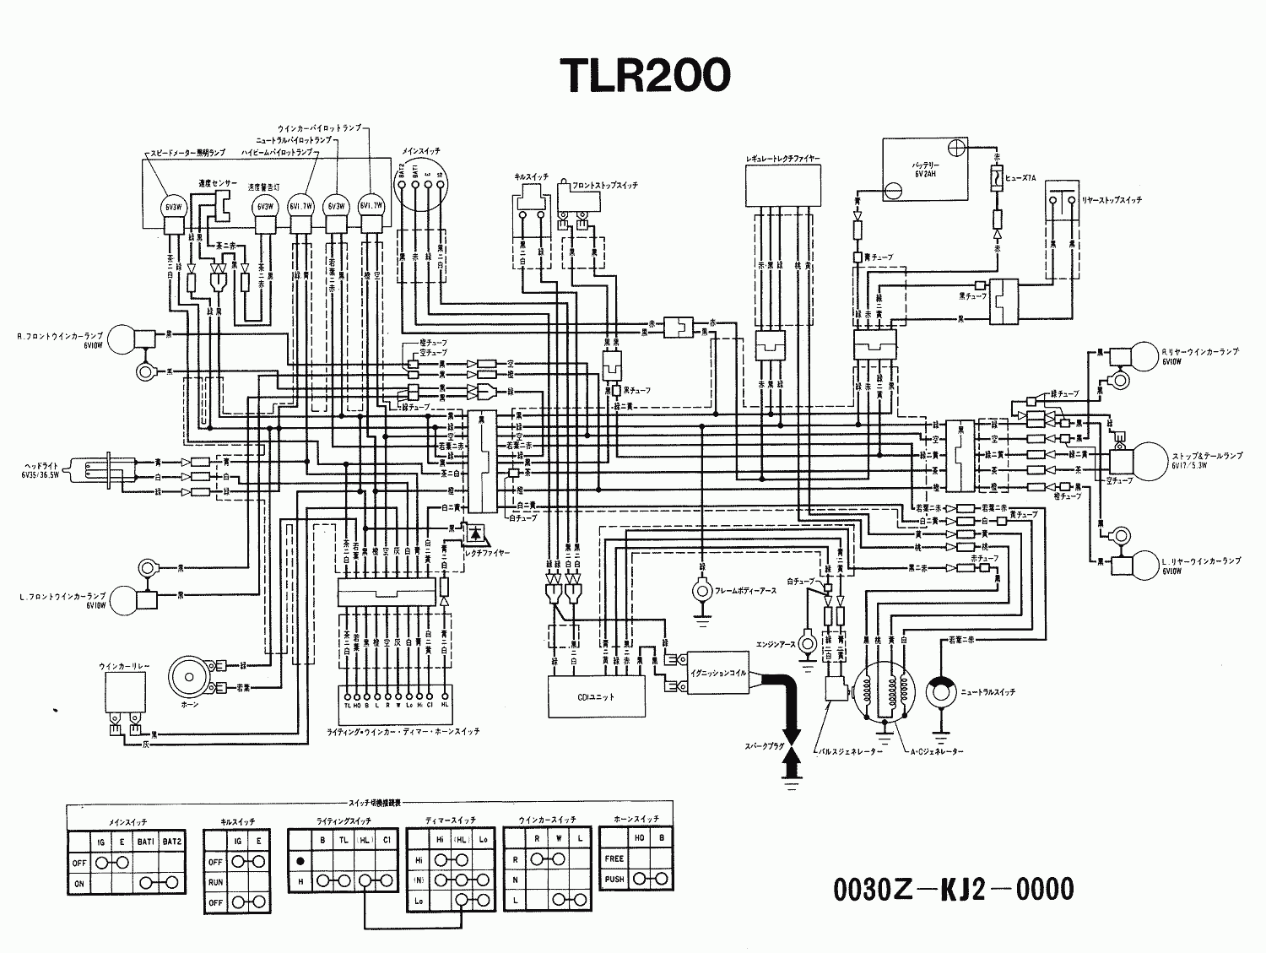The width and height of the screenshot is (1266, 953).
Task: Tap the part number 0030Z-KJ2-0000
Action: (953, 889)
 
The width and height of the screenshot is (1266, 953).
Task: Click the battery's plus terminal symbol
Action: (956, 148)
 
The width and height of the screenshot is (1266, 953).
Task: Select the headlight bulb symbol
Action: (95, 476)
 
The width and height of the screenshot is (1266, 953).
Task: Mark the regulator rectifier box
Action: (782, 184)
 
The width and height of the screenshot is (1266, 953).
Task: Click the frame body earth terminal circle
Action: (700, 591)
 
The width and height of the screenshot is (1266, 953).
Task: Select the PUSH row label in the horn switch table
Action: (614, 879)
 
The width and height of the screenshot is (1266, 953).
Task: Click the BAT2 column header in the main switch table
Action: (171, 842)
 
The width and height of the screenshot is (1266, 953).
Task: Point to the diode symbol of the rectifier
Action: (477, 533)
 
